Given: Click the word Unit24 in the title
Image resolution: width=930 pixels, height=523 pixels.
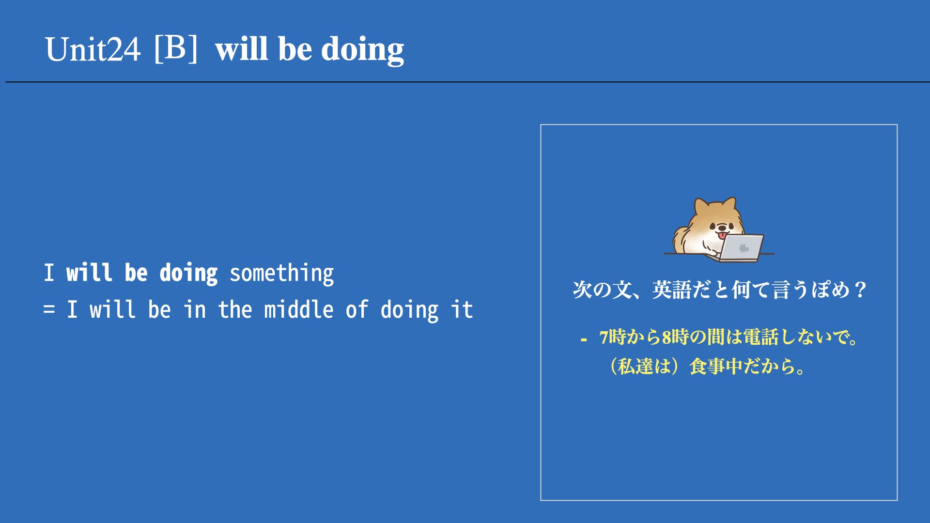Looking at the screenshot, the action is pyautogui.click(x=93, y=49).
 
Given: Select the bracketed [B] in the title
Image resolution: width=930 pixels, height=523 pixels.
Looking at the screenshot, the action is pyautogui.click(x=176, y=48).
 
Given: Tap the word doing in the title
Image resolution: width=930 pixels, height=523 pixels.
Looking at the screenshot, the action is pyautogui.click(x=362, y=50).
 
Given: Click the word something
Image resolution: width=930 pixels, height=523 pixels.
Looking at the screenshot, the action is pyautogui.click(x=281, y=273).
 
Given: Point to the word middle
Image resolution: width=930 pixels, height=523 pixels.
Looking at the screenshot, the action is pyautogui.click(x=298, y=309).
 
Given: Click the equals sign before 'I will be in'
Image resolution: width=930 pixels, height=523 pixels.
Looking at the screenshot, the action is pyautogui.click(x=49, y=309).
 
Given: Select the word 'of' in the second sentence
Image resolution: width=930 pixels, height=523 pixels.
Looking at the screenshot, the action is pyautogui.click(x=357, y=309).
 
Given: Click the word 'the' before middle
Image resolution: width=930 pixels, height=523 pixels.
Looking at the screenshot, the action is pyautogui.click(x=235, y=309).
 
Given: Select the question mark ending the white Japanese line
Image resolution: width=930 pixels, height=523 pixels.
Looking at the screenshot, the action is pyautogui.click(x=860, y=290).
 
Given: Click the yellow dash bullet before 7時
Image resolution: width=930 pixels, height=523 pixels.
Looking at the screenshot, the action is pyautogui.click(x=584, y=340).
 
